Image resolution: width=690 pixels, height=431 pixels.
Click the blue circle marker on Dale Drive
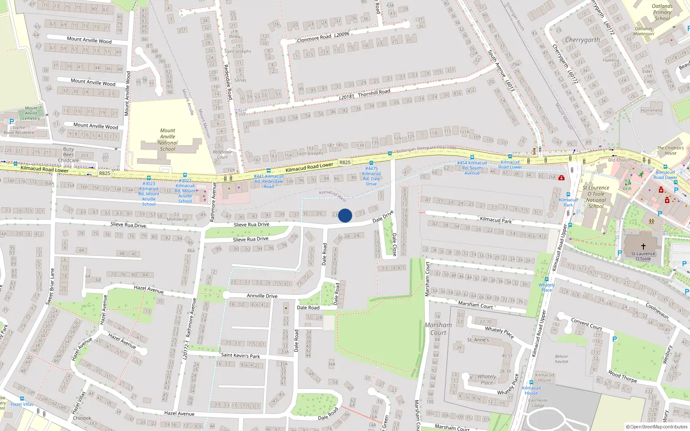345,215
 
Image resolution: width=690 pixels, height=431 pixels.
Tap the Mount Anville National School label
168,140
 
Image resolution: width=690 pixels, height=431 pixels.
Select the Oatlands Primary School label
662,12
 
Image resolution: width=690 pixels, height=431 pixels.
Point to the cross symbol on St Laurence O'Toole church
643,247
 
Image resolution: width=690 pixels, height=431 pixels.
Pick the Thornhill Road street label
364,94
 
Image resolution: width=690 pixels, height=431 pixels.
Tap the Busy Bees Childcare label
69,155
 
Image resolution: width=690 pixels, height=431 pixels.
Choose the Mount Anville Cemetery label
31,113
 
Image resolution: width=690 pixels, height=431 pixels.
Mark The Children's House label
670,150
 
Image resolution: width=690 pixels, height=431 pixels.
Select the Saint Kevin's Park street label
240,356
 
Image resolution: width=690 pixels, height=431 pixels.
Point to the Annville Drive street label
262,296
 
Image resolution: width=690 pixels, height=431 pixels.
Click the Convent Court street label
586,324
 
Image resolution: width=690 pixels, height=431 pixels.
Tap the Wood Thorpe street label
622,376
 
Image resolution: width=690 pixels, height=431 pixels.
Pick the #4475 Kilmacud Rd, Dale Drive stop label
371,176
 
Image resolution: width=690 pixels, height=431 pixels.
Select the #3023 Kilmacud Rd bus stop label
149,194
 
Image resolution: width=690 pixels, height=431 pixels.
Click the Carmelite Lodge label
538,403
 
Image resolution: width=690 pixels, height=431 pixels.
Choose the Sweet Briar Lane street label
50,287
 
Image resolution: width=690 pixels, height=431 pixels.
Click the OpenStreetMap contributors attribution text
656,427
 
